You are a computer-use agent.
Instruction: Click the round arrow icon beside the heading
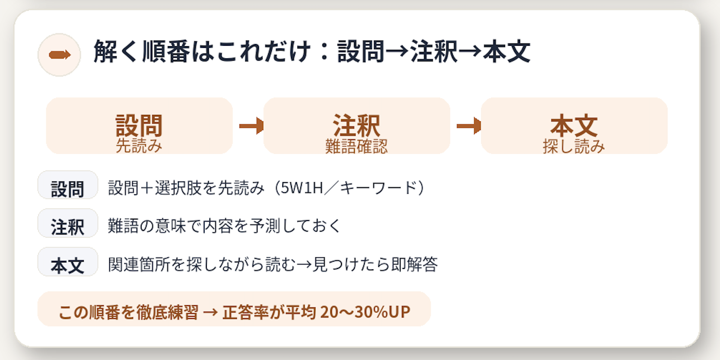click(x=59, y=55)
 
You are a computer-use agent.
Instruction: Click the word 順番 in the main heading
click(x=166, y=52)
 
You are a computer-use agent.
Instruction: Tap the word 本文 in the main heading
click(x=506, y=52)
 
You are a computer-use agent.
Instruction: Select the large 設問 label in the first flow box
click(x=139, y=126)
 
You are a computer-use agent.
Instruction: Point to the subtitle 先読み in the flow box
click(x=139, y=146)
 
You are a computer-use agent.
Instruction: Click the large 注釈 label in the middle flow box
click(x=357, y=126)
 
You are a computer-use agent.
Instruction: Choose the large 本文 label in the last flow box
click(x=574, y=126)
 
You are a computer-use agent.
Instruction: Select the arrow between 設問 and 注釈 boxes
click(x=251, y=126)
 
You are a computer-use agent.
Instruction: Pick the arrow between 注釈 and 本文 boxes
click(x=469, y=126)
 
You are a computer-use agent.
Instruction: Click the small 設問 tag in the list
click(x=68, y=189)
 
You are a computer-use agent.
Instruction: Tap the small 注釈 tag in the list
click(x=68, y=227)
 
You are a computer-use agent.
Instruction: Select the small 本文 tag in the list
click(x=68, y=265)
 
